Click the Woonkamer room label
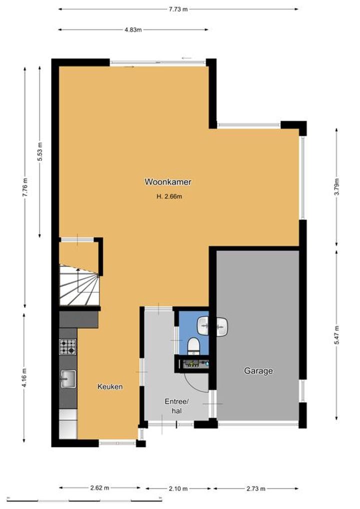point(167,182)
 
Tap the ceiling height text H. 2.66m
point(169,196)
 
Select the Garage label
point(258,370)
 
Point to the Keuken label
point(110,386)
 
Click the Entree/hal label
point(176,406)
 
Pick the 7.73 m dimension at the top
point(178,9)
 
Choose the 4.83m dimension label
point(133,30)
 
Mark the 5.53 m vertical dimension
point(39,151)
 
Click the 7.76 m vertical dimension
point(25,187)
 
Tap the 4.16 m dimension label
point(24,378)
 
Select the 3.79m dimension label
point(336,186)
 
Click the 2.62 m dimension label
point(99,488)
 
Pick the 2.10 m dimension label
point(178,488)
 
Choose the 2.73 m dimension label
point(256,488)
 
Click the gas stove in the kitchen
point(67,346)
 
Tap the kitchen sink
point(68,379)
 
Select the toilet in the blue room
point(194,345)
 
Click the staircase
point(79,285)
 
